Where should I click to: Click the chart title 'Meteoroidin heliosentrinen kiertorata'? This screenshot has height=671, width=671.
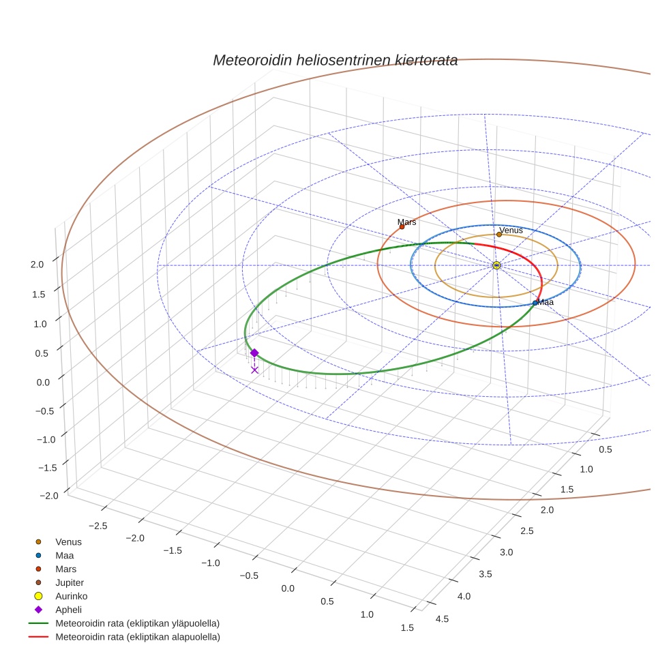tap(335, 60)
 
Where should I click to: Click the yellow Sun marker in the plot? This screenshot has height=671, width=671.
tap(496, 265)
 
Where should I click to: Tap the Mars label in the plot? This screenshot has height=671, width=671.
tap(406, 222)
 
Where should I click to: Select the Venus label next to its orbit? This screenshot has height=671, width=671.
tap(511, 230)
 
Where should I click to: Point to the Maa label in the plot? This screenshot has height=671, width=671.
tap(546, 302)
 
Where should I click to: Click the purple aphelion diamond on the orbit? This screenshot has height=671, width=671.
tap(254, 353)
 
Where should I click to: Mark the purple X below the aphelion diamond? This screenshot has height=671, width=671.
tap(254, 370)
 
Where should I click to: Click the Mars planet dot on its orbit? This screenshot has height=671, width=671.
tap(402, 227)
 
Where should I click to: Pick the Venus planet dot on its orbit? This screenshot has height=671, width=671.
tap(499, 235)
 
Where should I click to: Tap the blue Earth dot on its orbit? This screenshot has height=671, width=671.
tap(535, 303)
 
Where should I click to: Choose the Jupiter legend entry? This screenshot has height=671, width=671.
tap(69, 582)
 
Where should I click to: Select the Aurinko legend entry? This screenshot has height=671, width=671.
tap(71, 596)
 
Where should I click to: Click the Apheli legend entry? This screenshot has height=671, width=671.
tap(68, 610)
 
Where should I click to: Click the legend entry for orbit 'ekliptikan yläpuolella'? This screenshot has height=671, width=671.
tap(136, 623)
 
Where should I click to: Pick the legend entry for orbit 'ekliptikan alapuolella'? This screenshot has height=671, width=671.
tap(137, 637)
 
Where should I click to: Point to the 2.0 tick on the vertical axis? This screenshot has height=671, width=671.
tap(38, 265)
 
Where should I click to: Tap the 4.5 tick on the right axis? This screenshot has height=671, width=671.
tap(442, 618)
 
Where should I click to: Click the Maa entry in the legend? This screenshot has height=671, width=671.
tap(64, 555)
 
